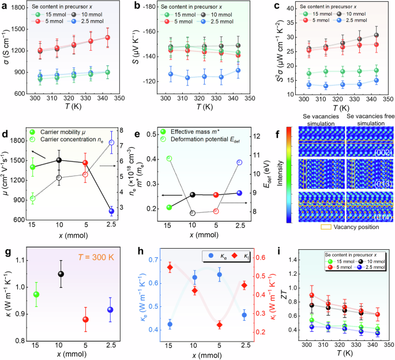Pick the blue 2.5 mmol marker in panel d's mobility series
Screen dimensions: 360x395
[x=111, y=211]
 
